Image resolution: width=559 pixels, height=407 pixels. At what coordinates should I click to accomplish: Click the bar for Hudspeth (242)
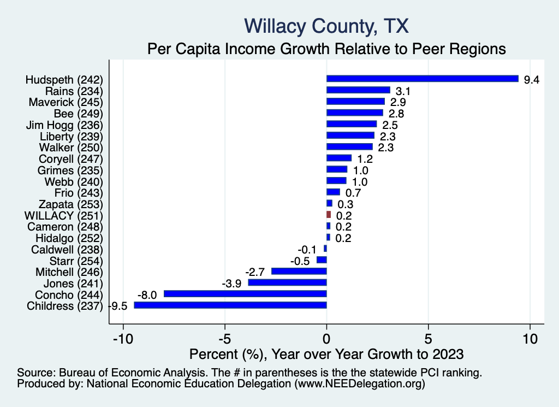coord(422,79)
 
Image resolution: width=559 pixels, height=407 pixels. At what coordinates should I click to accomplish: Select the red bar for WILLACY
coord(329,215)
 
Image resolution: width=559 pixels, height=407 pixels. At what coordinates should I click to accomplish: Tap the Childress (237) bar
coord(230,305)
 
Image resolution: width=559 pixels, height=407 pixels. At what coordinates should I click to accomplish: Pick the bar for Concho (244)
coord(245,294)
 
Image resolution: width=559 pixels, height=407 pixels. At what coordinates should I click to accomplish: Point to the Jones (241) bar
coord(287,282)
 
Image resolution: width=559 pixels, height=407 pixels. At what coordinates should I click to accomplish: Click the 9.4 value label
coord(531,80)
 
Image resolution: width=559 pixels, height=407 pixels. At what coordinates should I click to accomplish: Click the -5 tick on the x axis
coord(225,339)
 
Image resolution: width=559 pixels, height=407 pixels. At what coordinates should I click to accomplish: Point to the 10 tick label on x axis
coord(530,339)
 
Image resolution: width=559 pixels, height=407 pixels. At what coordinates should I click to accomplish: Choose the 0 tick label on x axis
coord(326,339)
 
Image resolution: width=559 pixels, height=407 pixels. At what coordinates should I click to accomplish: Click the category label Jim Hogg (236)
coord(64,125)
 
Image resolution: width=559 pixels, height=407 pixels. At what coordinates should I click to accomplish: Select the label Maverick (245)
coord(66,102)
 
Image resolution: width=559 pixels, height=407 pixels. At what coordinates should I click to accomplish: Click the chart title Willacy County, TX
coord(326,26)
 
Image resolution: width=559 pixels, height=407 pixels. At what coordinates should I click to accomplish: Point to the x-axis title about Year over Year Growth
coord(326,354)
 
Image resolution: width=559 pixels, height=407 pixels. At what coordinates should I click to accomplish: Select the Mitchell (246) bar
coord(299,271)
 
